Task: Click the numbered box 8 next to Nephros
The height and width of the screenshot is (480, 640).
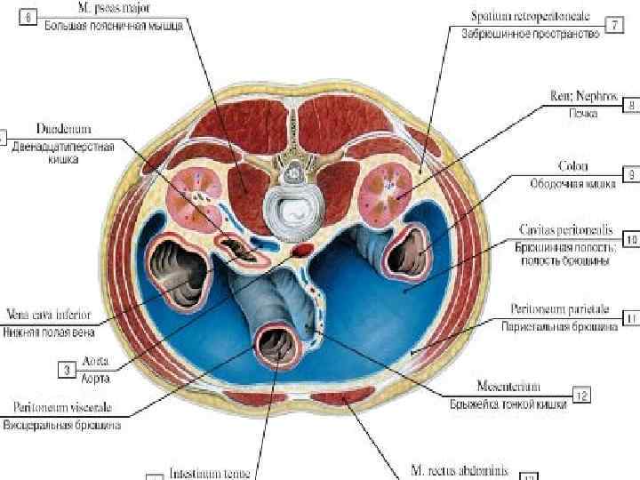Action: coord(630,105)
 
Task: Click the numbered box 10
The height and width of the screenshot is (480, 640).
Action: coord(630,239)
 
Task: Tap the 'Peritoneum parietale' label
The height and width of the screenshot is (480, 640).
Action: coord(560,309)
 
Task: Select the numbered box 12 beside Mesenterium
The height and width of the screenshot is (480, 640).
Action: coord(581,392)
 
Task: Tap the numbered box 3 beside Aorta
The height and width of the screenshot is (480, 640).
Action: coord(68,366)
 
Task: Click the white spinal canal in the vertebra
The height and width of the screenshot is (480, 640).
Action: coord(293,210)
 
